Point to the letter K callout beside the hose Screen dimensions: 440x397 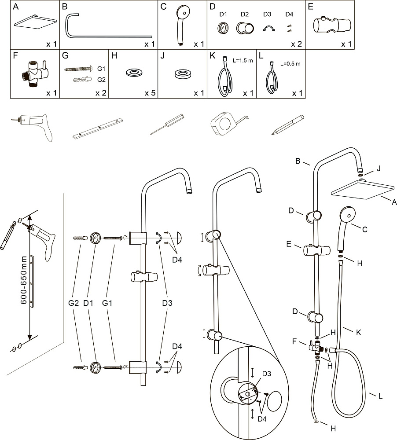tap(358, 332)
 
